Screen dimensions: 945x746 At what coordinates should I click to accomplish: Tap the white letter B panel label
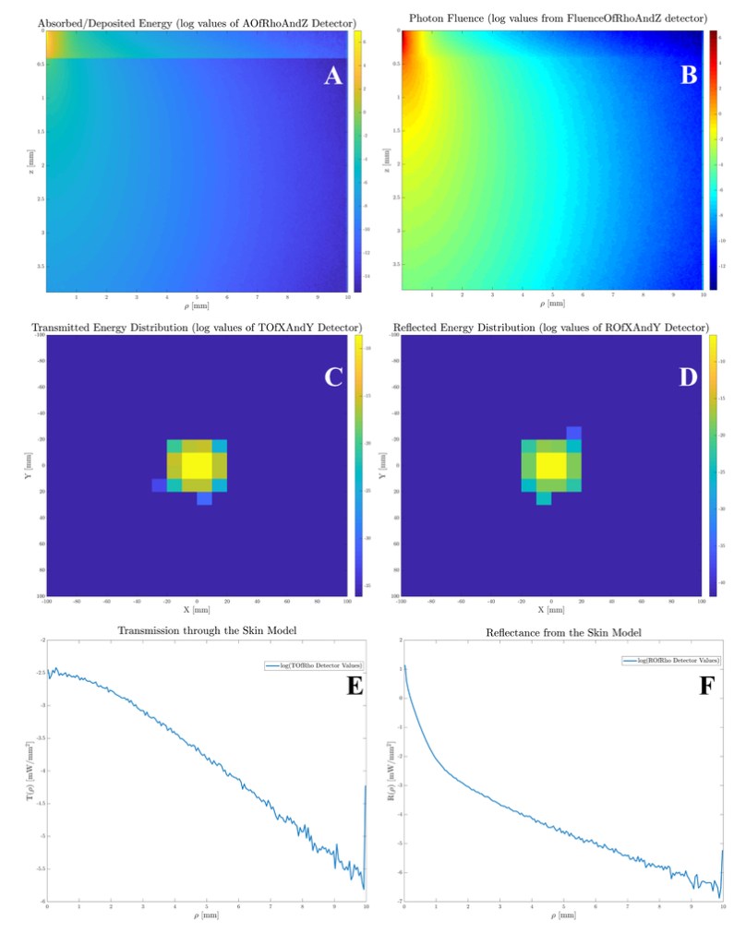[688, 77]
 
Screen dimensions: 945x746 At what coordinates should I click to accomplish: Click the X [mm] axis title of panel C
[198, 611]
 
